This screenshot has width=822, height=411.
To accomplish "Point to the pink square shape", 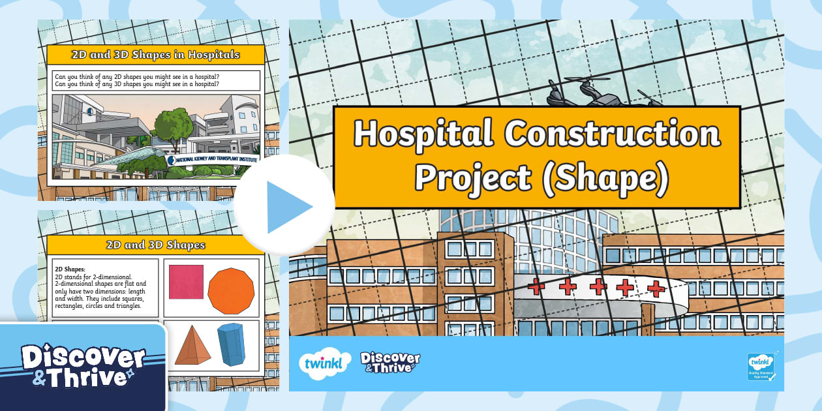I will coord(186,282).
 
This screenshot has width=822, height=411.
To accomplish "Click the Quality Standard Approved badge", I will coord(761,366).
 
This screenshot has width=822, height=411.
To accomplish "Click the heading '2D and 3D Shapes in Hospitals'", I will coord(155,55).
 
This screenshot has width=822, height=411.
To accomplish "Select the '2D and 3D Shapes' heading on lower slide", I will coord(155,245).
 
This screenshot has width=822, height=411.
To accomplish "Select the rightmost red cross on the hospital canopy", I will coord(656,288).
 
